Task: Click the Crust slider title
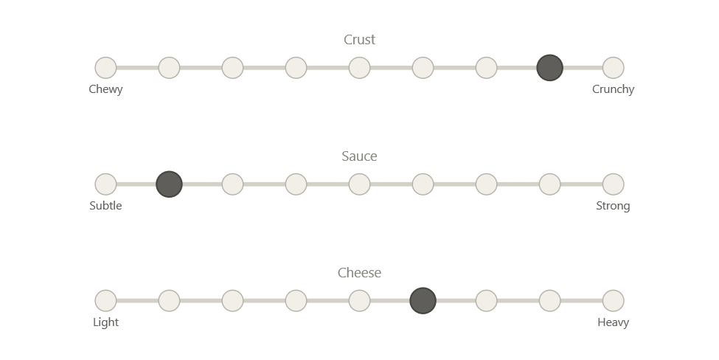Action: tap(360, 40)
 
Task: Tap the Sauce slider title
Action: tap(360, 156)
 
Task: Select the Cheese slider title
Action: tap(360, 273)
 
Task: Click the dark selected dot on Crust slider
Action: tap(549, 68)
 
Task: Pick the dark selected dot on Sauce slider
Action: tap(169, 184)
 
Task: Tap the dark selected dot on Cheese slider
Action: tap(423, 301)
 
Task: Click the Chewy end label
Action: tap(105, 89)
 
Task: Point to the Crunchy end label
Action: tap(613, 89)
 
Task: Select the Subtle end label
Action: tap(105, 206)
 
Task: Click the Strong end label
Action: tap(613, 206)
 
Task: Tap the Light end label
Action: tap(105, 322)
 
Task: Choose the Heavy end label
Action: tap(613, 322)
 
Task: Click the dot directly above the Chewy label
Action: tap(105, 68)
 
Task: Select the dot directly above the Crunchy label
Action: tap(613, 68)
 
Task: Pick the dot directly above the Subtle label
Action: tap(105, 184)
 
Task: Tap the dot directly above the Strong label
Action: tap(613, 184)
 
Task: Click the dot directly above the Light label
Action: tap(105, 301)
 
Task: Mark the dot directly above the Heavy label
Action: tap(613, 301)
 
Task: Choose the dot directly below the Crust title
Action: tap(359, 68)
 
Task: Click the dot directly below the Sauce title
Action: tap(359, 184)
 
